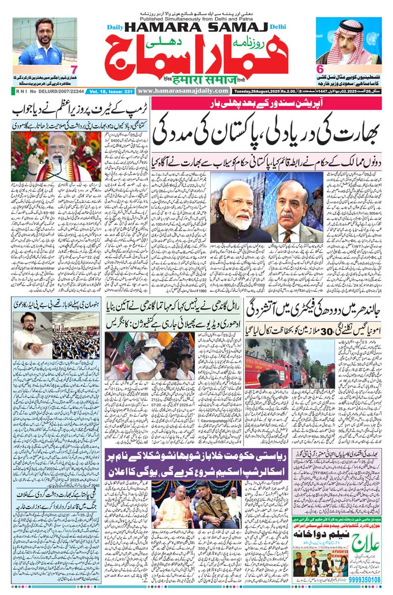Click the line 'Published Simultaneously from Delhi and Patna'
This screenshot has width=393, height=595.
196,14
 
